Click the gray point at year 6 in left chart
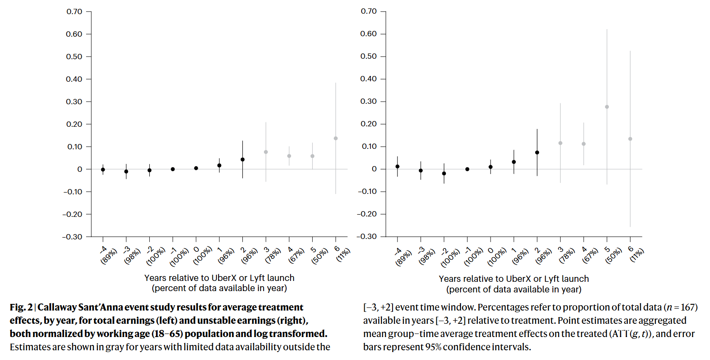point(336,138)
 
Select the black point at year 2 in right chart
point(537,152)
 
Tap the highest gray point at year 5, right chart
point(607,107)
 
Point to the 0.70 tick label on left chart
point(74,12)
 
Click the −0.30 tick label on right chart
point(366,237)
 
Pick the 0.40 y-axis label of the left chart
point(74,80)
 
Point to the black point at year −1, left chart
point(173,169)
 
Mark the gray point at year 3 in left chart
point(266,152)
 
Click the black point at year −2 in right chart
point(444,174)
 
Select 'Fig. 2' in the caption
point(21,307)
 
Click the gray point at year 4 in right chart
point(584,144)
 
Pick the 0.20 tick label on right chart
point(369,124)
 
